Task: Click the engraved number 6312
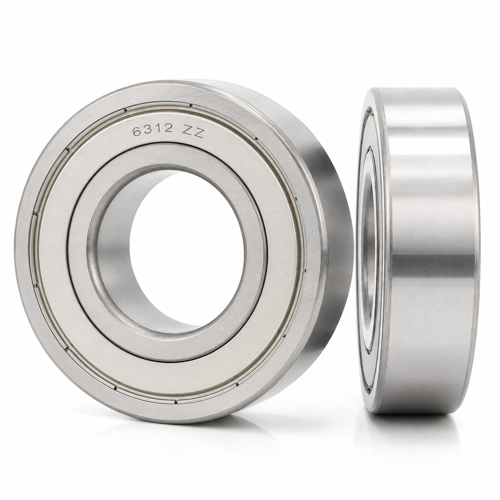(153, 129)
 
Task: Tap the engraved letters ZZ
(193, 133)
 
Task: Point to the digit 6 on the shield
(137, 130)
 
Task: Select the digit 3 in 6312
(148, 129)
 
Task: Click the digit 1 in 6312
(158, 129)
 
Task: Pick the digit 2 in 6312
(168, 128)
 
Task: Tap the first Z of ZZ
(187, 132)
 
